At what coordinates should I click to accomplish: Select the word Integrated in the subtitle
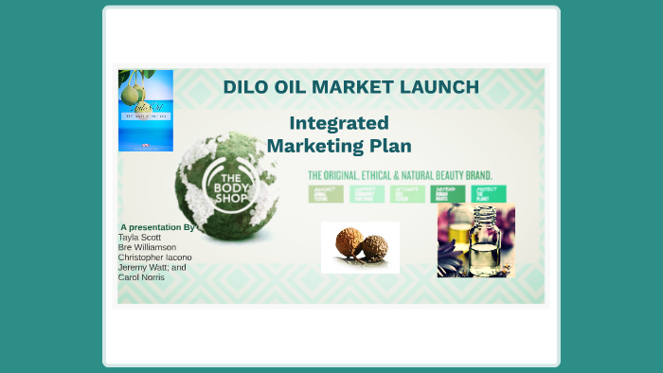(338, 123)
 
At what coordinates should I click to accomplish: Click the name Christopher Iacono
(154, 258)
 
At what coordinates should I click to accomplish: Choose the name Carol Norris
(140, 277)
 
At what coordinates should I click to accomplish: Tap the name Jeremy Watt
(142, 267)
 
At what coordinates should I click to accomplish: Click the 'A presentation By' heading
(157, 227)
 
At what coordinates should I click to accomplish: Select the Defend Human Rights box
(447, 194)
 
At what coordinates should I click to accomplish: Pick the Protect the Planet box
(487, 194)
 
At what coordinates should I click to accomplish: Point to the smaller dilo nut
(375, 248)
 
